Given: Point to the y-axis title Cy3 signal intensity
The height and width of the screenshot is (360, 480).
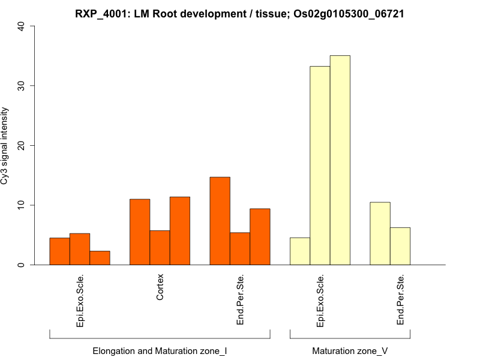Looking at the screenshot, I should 5,145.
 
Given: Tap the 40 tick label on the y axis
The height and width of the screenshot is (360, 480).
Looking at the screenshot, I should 22,26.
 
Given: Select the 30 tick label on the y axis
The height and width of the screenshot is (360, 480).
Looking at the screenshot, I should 22,86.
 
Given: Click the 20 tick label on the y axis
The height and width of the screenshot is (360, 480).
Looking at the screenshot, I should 22,145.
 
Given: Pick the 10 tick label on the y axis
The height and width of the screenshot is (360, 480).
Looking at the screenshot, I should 22,205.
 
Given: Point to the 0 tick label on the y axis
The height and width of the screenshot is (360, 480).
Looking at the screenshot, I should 22,265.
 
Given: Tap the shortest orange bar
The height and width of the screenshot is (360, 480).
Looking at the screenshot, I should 100,258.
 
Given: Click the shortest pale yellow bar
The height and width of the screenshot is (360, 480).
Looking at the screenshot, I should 300,251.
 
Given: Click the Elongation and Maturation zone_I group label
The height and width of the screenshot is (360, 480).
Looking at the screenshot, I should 160,350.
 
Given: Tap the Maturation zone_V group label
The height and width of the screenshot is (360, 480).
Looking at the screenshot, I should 350,350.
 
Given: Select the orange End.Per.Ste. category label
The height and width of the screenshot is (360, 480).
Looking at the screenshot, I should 240,300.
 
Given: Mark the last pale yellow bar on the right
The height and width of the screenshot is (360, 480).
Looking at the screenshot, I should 400,246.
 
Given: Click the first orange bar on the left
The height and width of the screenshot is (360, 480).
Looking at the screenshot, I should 59,251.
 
